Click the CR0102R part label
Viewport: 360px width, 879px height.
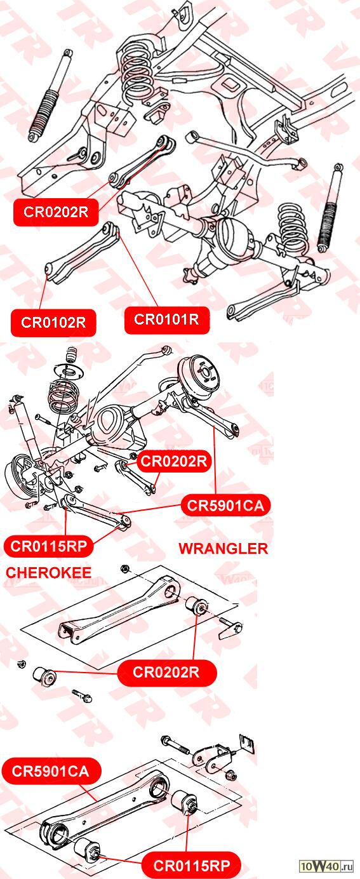[x=53, y=323]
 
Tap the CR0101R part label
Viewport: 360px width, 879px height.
[x=166, y=319]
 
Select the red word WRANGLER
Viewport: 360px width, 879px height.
[x=223, y=548]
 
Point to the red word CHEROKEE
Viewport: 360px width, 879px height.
[x=48, y=572]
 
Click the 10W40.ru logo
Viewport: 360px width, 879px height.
[x=326, y=865]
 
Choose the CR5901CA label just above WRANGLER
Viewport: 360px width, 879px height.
[x=225, y=506]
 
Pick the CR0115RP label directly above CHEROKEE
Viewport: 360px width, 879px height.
[x=49, y=546]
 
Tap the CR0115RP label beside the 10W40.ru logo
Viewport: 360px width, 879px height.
[x=191, y=865]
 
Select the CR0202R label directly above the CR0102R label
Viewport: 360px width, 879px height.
[x=56, y=212]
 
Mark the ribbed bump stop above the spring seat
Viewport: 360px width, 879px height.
[x=71, y=355]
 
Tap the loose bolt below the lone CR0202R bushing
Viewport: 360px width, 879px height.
[x=83, y=695]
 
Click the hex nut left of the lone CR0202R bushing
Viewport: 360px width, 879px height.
[x=22, y=664]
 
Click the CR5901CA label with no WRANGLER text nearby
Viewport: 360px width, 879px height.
[x=51, y=771]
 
